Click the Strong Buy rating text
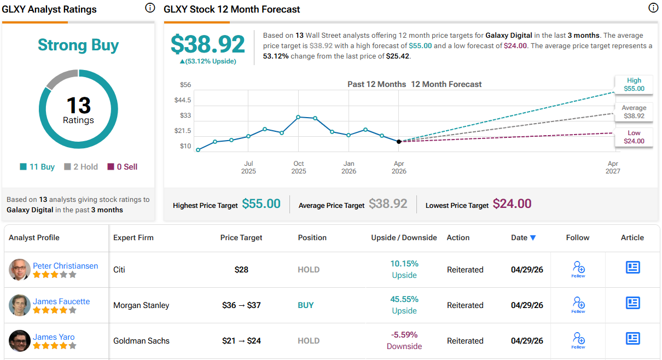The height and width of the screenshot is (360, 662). [78, 45]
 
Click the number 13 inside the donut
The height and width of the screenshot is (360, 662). [78, 105]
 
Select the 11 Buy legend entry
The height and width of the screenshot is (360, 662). [37, 167]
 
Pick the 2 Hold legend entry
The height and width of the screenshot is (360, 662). [81, 167]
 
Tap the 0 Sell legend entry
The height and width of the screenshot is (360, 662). [123, 167]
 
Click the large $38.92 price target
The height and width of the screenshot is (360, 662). [208, 44]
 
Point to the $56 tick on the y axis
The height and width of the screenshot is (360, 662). [185, 85]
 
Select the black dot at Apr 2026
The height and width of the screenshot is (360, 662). [399, 141]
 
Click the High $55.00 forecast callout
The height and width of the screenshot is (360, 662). [634, 84]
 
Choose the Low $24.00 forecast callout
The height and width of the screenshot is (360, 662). [634, 137]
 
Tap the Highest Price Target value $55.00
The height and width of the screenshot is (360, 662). [261, 204]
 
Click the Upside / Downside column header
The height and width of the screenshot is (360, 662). [404, 237]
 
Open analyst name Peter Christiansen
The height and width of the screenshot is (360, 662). [65, 266]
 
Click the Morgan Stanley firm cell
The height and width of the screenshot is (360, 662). [141, 305]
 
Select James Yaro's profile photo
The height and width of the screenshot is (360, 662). [20, 341]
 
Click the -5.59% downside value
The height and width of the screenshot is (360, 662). [404, 335]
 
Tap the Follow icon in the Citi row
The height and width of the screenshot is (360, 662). [578, 269]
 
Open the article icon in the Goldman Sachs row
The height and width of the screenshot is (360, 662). [632, 338]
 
